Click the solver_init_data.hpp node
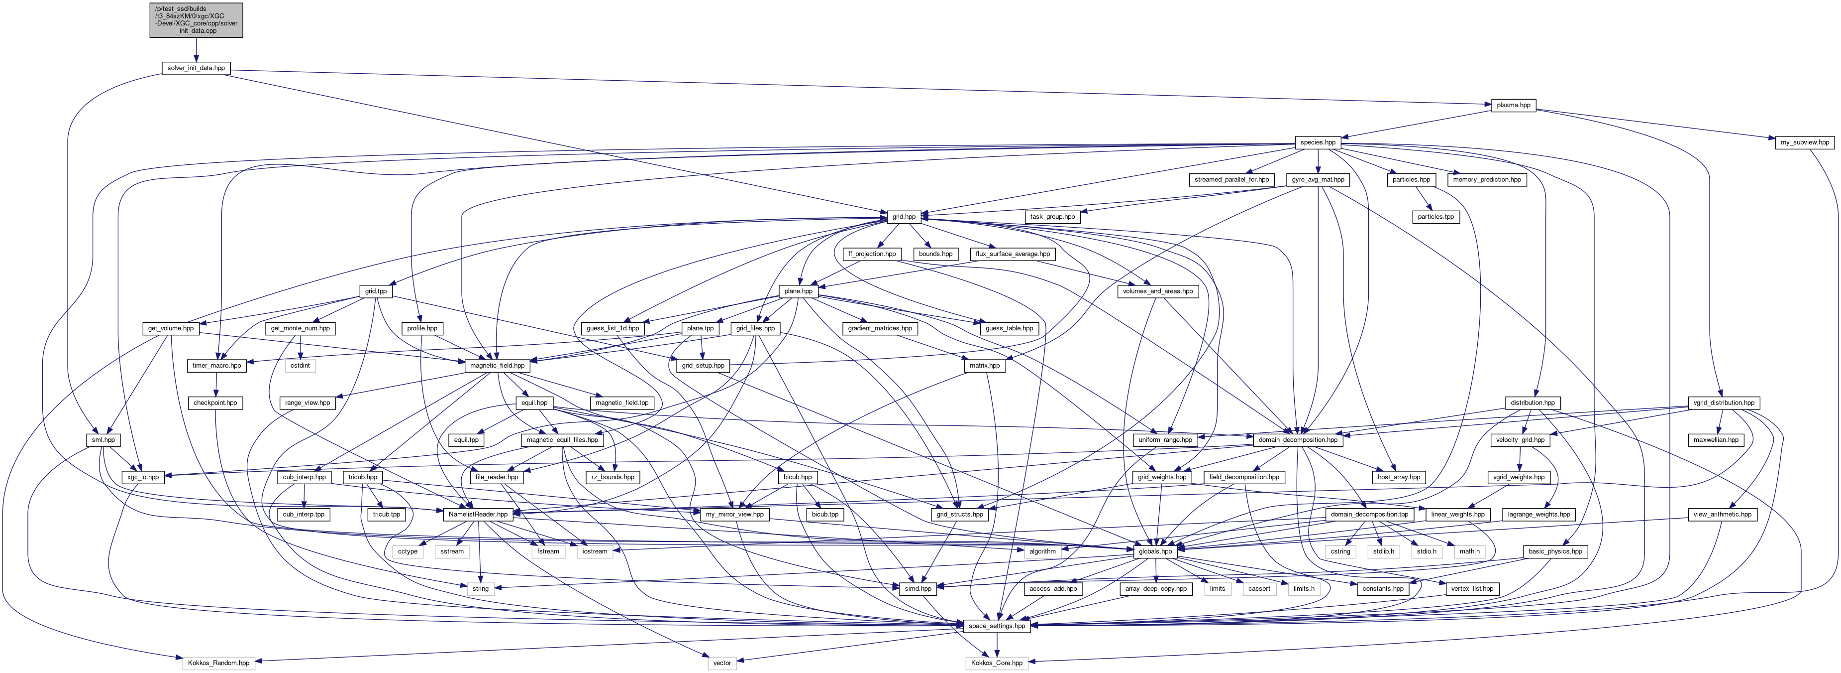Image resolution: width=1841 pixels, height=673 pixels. coord(196,68)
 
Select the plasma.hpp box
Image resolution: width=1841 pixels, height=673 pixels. coord(1513,105)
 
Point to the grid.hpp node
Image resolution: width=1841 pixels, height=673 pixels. coord(904,217)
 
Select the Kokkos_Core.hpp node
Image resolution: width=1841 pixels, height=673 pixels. coord(996,663)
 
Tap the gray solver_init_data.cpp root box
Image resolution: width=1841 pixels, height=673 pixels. coord(196,20)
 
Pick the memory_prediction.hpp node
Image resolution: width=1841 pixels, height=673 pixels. coord(1486,179)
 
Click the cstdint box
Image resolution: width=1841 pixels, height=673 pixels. coord(300,366)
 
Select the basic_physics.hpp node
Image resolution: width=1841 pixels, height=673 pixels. coord(1555,551)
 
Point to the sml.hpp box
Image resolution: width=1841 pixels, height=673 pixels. coord(103,440)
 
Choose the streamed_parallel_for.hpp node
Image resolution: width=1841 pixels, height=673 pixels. coord(1231,179)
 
